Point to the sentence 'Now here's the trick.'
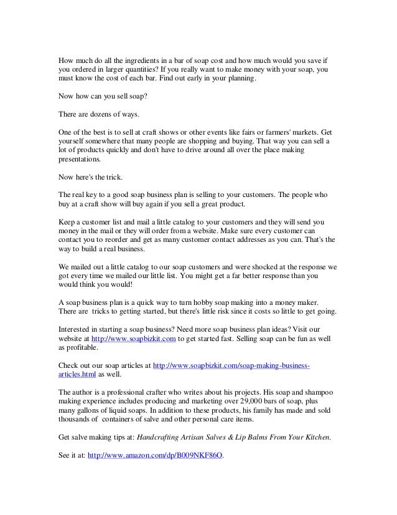point(91,176)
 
